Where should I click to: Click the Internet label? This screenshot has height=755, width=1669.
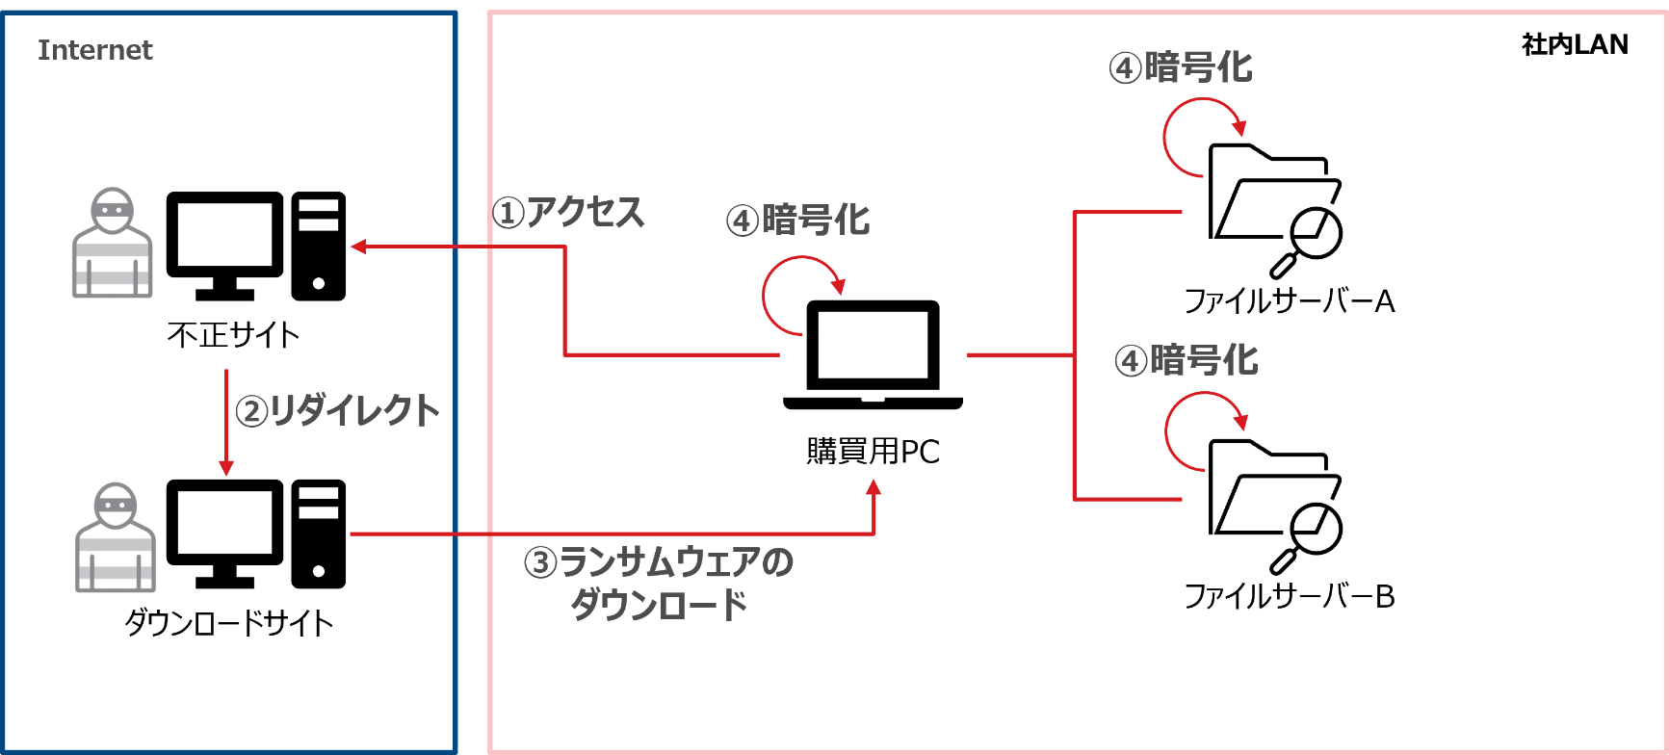tap(94, 50)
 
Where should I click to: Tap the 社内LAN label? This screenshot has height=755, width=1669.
tap(1575, 44)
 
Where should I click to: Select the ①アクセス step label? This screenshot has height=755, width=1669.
tap(567, 213)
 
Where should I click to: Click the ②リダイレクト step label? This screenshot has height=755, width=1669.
tap(338, 411)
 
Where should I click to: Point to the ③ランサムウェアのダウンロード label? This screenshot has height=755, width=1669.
tap(659, 583)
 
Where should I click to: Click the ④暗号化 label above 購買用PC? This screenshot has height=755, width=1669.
tap(797, 221)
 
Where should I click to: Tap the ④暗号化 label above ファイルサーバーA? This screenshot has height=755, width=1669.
tap(1181, 68)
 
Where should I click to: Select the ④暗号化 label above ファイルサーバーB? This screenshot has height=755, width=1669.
tap(1187, 361)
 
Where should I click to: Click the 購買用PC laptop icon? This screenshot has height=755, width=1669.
tap(873, 355)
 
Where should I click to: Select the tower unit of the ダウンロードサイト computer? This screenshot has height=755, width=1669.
tap(319, 534)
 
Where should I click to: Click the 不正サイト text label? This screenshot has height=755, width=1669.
tap(233, 335)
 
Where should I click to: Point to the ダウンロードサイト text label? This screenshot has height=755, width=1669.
tap(229, 623)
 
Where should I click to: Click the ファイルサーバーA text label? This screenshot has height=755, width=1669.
tap(1289, 301)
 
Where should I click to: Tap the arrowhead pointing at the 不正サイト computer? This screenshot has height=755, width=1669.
tap(358, 247)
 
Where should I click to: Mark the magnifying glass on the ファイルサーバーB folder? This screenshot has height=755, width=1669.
tap(1308, 539)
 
